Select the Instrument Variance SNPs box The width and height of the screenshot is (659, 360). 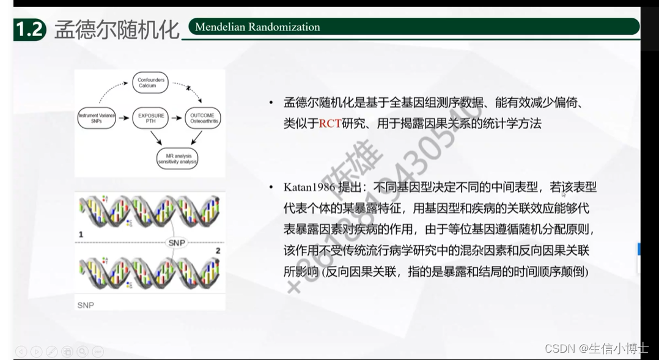point(96,118)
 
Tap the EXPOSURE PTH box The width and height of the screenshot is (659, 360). point(150,118)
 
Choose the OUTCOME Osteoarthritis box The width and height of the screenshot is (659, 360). point(202,118)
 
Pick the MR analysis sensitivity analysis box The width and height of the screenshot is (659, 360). point(177,159)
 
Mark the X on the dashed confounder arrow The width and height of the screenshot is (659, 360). point(190,89)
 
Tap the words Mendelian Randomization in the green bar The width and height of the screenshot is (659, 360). point(257,27)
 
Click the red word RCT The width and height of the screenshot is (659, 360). point(330,123)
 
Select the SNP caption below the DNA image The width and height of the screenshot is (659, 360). point(86,304)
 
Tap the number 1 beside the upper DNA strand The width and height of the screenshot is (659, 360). point(81,234)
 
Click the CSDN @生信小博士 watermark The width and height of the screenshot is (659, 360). point(595,348)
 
